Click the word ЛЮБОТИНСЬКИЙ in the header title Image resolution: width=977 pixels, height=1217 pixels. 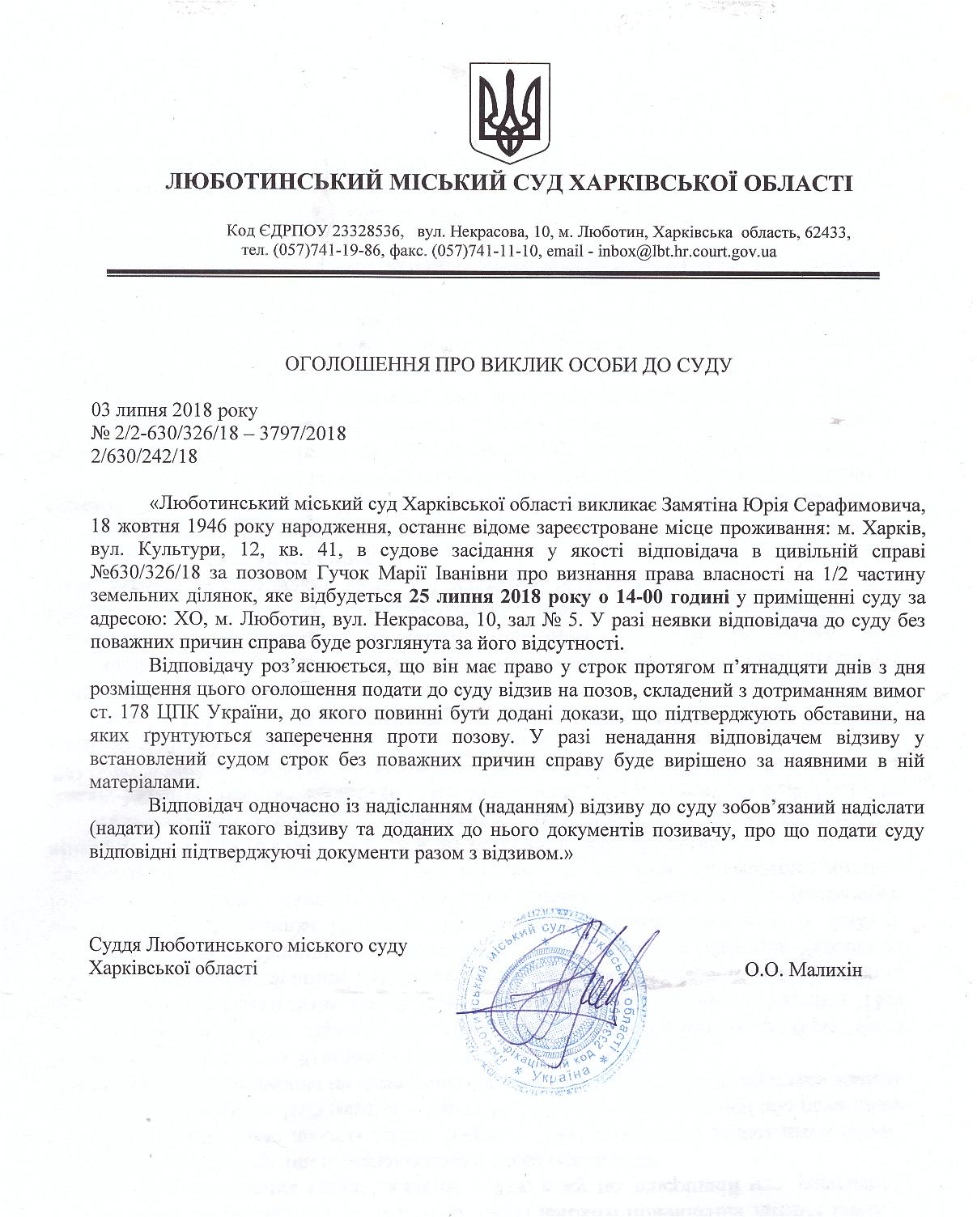click(x=273, y=181)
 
